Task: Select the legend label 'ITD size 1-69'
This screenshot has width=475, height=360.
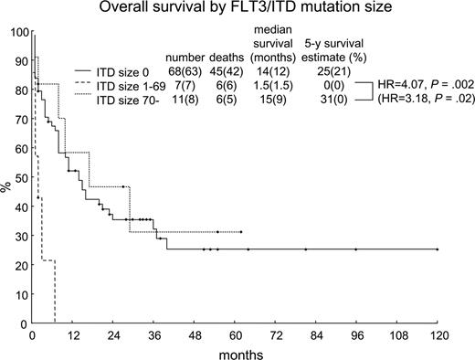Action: [x=115, y=83]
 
